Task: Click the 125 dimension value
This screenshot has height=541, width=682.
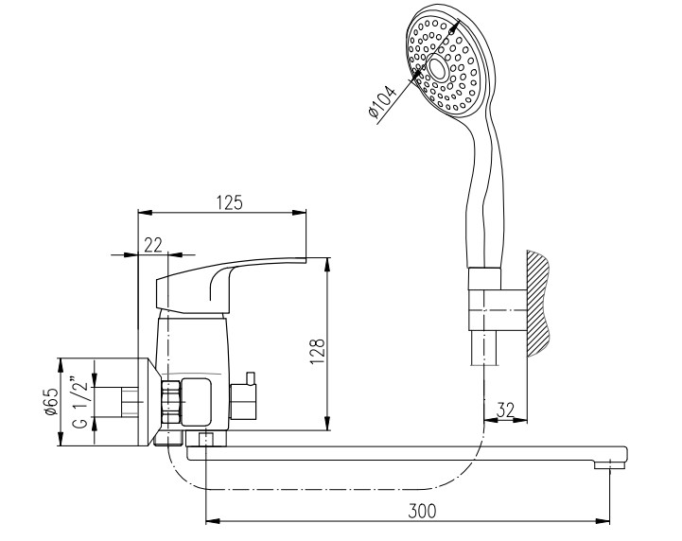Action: [230, 202]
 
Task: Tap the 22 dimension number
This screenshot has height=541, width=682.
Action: [153, 245]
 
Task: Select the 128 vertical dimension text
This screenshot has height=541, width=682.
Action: [318, 351]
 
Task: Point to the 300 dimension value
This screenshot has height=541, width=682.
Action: [422, 511]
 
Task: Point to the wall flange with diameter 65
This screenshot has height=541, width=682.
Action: [146, 402]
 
